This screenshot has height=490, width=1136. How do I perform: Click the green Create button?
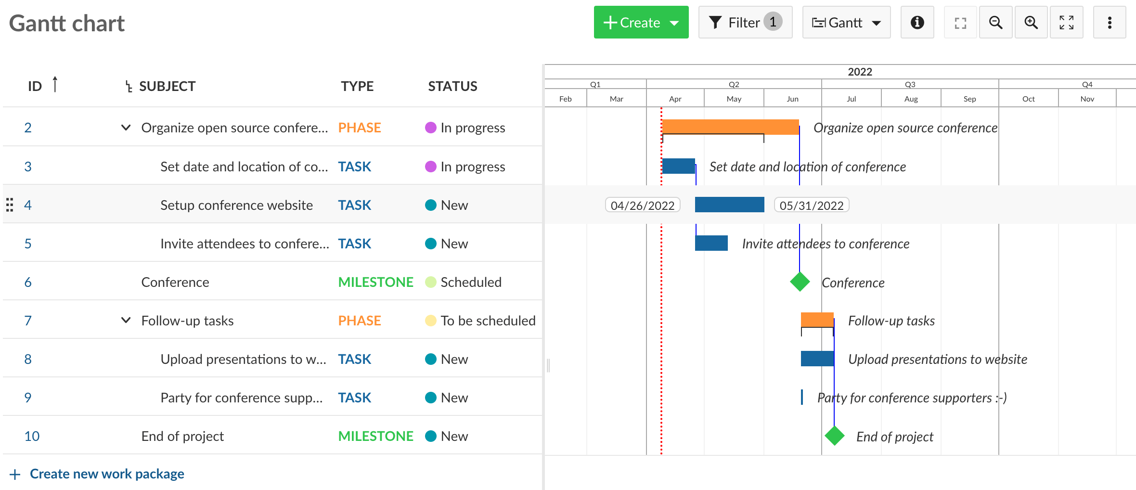point(640,23)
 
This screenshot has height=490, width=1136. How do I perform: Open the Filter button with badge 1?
point(745,23)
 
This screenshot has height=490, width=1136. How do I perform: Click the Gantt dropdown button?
point(846,23)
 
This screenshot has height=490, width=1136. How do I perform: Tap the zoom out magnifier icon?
point(995,23)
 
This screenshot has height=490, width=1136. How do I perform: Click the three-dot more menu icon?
point(1109,23)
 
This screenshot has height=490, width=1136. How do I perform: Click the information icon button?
point(917,23)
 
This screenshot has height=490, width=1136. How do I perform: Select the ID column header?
point(35,86)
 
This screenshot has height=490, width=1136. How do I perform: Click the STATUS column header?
point(452,86)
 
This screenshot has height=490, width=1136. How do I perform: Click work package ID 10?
point(32,436)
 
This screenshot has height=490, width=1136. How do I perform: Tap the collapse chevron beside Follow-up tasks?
point(126,321)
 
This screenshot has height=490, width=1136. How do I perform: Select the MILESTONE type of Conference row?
point(375,282)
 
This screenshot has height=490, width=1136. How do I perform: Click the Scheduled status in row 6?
point(470,282)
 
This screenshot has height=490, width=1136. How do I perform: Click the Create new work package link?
point(106,474)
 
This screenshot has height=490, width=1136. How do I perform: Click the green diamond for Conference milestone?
point(800,282)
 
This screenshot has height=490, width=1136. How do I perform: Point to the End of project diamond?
point(834,436)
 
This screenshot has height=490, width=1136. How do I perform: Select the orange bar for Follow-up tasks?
point(817,319)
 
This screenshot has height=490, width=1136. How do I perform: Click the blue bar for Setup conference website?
point(729,205)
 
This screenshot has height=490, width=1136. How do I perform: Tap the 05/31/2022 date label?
point(811,206)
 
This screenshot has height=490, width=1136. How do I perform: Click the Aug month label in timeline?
point(911,99)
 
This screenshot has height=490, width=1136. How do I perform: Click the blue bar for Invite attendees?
point(711,243)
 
